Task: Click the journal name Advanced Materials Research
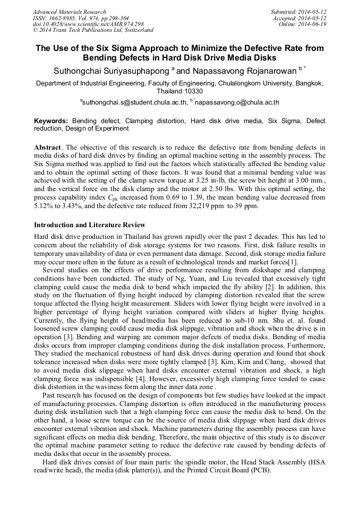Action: [x=69, y=12]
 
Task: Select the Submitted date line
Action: [x=299, y=12]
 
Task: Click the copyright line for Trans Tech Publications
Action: [x=93, y=30]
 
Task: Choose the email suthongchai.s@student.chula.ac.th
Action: [x=133, y=102]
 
